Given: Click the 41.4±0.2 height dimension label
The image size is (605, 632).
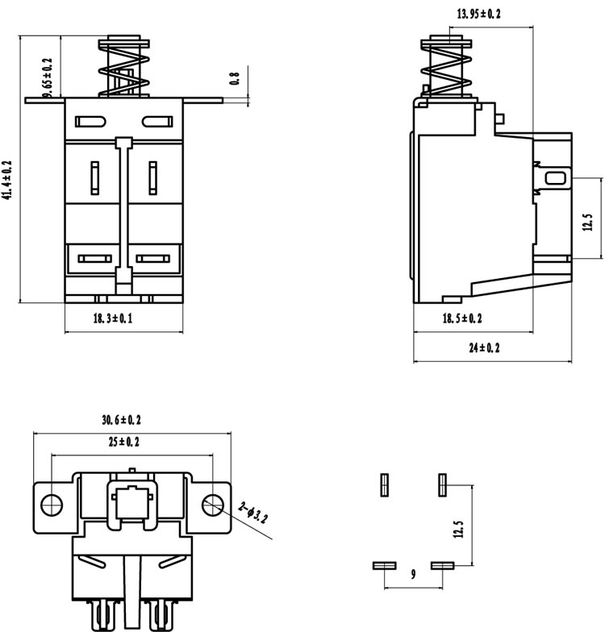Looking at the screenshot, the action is pos(8,180).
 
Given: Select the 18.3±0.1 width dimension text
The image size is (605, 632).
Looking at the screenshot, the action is pos(113,319).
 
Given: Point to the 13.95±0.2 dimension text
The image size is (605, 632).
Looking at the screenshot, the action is pos(479,14).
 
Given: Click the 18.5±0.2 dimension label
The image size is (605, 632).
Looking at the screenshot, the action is pos(462,318).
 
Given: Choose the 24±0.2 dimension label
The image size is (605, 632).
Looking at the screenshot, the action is pos(484,347).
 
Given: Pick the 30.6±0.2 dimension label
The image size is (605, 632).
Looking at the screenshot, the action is pos(121,420).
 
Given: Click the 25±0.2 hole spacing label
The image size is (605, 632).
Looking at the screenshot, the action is pos(124,442).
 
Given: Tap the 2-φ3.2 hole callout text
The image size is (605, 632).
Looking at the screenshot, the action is pos(252,513).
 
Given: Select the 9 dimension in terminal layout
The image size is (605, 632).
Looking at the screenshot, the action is pos(413,574).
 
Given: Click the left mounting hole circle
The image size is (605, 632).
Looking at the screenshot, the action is pos(52,505).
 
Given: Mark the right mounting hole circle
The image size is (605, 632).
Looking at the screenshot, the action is pos(213,505).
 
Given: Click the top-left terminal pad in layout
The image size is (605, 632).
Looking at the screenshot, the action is pos(384,485).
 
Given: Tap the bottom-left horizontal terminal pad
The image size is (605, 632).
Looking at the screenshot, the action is pos(384,566).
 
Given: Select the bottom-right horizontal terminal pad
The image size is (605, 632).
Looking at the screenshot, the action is pos(442,566).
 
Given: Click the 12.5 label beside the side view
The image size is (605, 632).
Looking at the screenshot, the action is pos(588,222).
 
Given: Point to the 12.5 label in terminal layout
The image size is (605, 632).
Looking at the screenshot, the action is pos(458,529).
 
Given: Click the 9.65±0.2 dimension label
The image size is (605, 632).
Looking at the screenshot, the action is pos(48,77).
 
